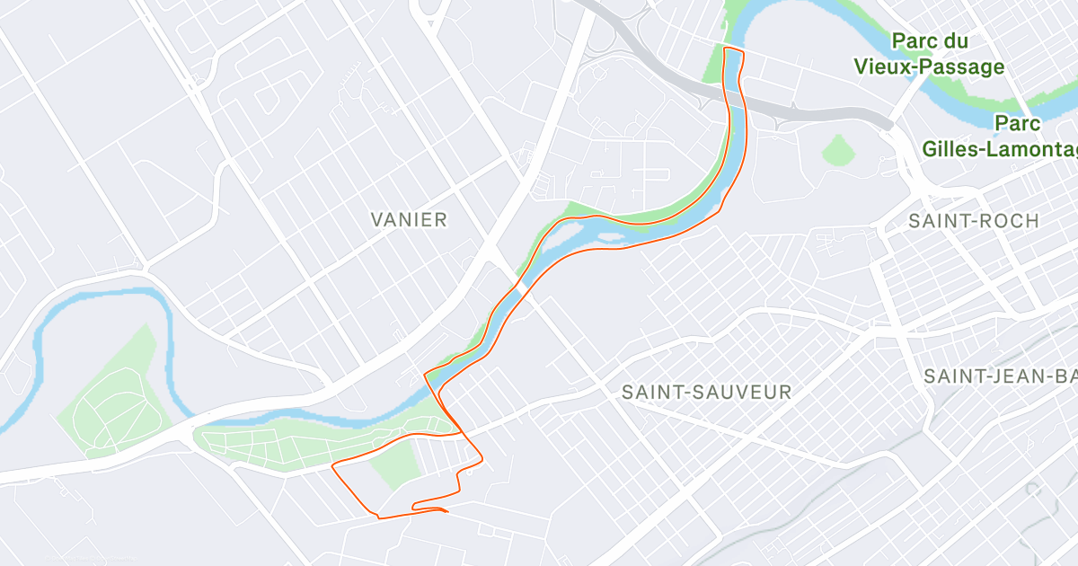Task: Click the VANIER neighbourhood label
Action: [409, 219]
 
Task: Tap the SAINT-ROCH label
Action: [973, 220]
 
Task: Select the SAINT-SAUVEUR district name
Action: [706, 392]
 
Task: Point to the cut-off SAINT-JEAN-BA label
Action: [1000, 376]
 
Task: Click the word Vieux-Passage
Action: [929, 66]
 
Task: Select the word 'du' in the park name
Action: [954, 40]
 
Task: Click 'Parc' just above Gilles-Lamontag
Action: [1018, 123]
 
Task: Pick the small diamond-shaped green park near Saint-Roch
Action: [838, 149]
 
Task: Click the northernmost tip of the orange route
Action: [733, 48]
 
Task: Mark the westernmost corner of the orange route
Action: [333, 465]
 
